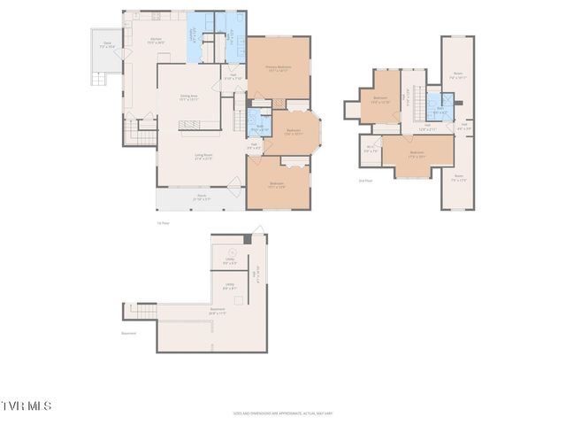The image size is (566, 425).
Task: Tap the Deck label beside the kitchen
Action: pos(106,45)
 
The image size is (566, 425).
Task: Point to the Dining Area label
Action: pos(187,97)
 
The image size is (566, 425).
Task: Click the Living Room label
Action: pos(203,158)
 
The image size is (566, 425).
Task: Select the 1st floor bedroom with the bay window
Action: pos(294,133)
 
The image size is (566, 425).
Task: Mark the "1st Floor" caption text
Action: pos(163,222)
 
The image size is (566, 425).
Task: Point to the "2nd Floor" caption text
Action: pos(365,181)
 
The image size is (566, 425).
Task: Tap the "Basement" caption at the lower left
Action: pos(129,334)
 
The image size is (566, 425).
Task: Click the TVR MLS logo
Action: pos(26,406)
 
